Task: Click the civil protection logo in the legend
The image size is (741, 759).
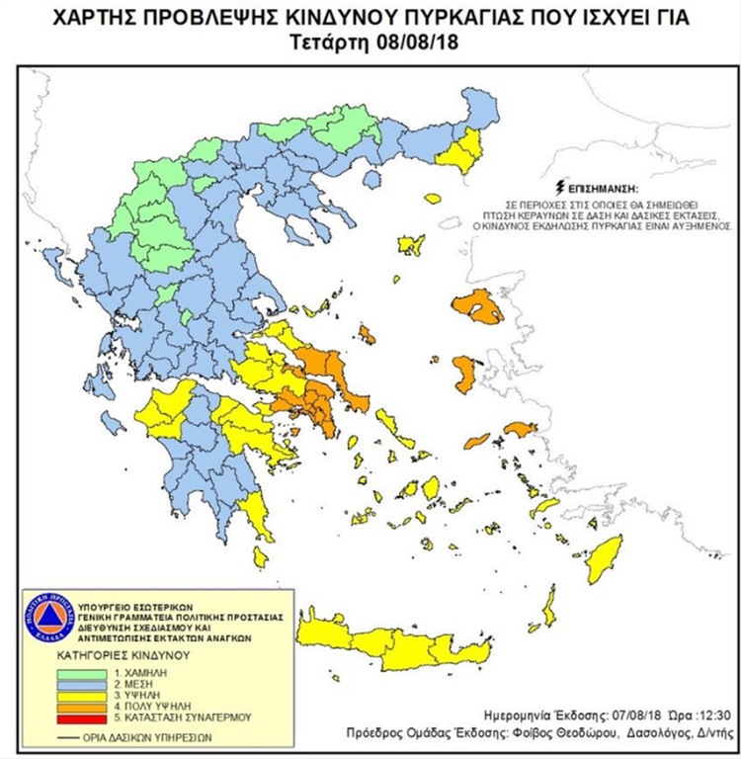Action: (x=48, y=619)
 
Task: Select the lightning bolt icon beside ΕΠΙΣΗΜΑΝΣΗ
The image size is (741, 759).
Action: (x=562, y=185)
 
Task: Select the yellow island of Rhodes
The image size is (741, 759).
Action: (x=602, y=559)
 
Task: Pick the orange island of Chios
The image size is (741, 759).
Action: (x=464, y=374)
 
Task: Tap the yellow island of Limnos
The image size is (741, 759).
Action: (x=411, y=244)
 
